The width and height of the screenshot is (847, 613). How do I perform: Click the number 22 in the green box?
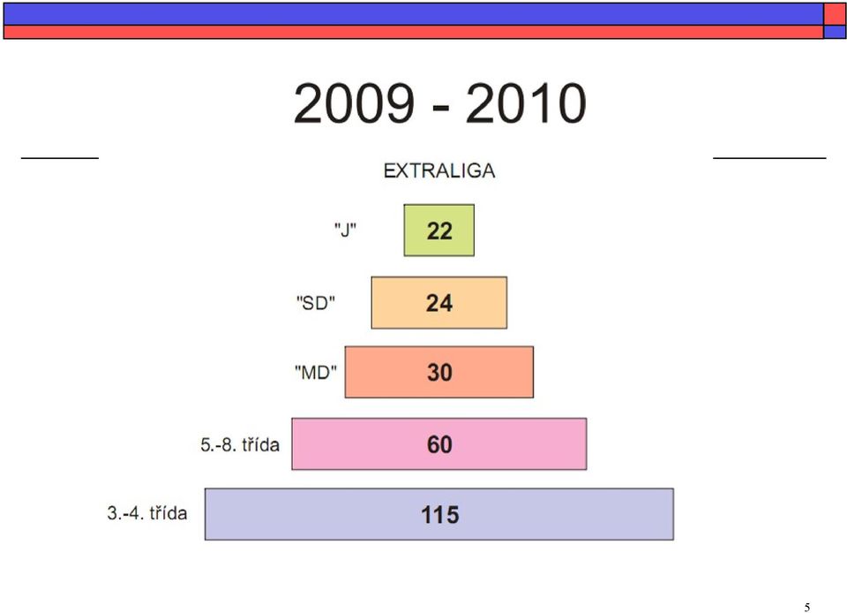439,231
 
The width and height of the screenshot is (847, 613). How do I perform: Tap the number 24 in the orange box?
439,303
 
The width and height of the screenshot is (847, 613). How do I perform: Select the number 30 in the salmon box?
439,373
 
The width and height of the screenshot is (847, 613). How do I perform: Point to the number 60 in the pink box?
439,444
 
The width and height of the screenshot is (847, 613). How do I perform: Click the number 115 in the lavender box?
439,515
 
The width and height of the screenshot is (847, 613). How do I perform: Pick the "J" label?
345,231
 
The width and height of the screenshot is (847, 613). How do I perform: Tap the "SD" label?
316,303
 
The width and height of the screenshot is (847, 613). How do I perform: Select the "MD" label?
316,373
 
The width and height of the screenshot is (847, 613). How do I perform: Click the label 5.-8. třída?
240,444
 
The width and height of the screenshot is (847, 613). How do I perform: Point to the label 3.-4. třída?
147,513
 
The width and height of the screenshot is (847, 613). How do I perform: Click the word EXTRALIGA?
439,170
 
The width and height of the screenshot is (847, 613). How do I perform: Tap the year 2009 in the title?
354,103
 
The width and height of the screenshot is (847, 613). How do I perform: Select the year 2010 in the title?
526,103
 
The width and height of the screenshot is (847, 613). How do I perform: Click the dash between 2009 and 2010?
441,108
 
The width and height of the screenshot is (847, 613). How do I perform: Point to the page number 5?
807,607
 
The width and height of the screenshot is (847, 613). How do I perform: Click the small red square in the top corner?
835,15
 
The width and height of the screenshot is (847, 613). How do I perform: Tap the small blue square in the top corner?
835,32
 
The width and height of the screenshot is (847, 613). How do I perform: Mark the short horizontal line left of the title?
60,158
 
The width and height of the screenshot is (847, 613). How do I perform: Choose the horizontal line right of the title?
769,158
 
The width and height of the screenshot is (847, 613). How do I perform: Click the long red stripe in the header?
413,32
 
